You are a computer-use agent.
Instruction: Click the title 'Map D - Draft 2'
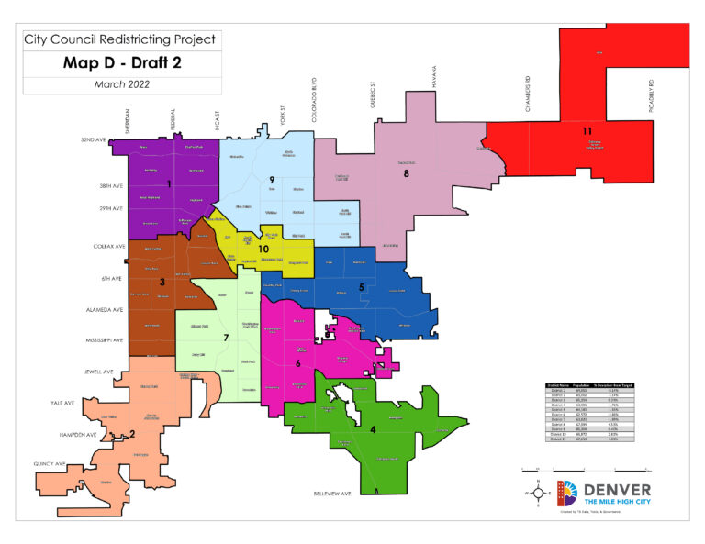[122, 63]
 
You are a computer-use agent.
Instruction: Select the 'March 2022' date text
[122, 84]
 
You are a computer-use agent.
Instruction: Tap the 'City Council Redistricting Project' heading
[122, 39]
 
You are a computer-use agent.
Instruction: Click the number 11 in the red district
[587, 131]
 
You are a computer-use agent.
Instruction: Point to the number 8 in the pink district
[406, 172]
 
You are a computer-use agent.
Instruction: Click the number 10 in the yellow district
[263, 249]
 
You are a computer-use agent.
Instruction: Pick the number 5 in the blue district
[362, 287]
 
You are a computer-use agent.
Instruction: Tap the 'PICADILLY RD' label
[647, 95]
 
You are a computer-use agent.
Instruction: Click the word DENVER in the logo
[616, 490]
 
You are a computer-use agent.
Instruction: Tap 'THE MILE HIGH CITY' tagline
[616, 505]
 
